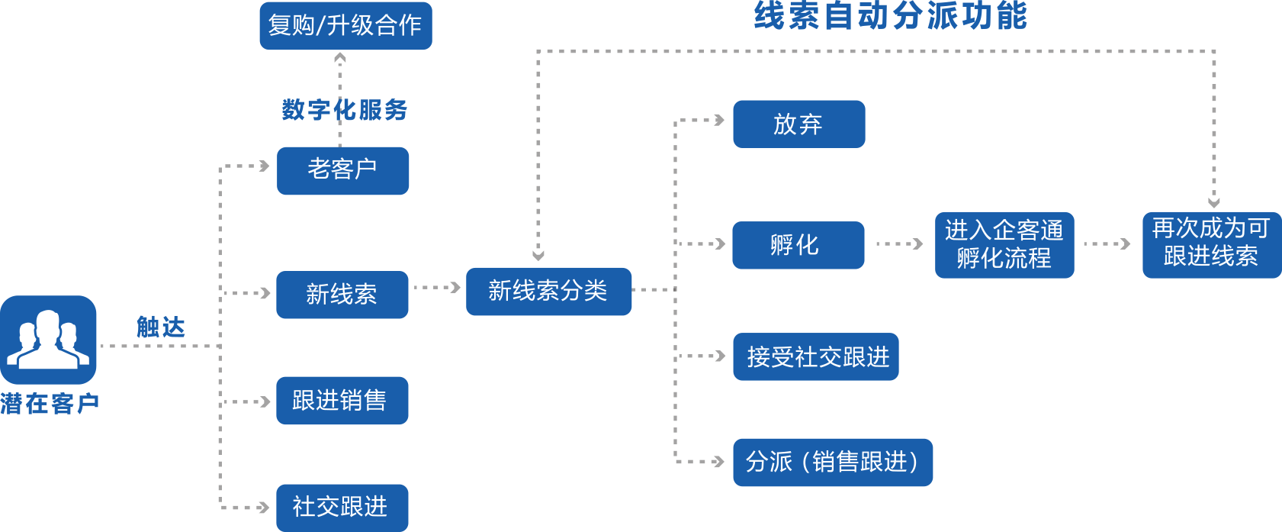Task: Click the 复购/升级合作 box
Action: [345, 25]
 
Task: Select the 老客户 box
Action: [342, 170]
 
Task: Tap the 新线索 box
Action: [342, 295]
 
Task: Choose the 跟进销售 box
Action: [342, 400]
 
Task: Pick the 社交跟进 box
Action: [342, 507]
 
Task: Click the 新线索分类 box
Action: [548, 291]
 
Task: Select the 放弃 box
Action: [798, 124]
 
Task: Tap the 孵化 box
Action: [798, 245]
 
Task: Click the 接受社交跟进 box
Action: [815, 356]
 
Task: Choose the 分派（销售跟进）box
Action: [832, 462]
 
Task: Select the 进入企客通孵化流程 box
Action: [1004, 245]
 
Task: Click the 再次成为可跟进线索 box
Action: [1211, 244]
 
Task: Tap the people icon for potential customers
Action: [48, 339]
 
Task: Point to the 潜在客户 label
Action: [50, 403]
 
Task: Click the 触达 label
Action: [161, 327]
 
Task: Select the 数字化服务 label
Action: [344, 110]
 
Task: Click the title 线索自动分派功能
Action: [890, 16]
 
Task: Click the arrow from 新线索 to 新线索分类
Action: [436, 288]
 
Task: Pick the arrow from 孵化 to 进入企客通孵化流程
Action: [899, 244]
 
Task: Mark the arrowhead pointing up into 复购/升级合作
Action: [340, 57]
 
